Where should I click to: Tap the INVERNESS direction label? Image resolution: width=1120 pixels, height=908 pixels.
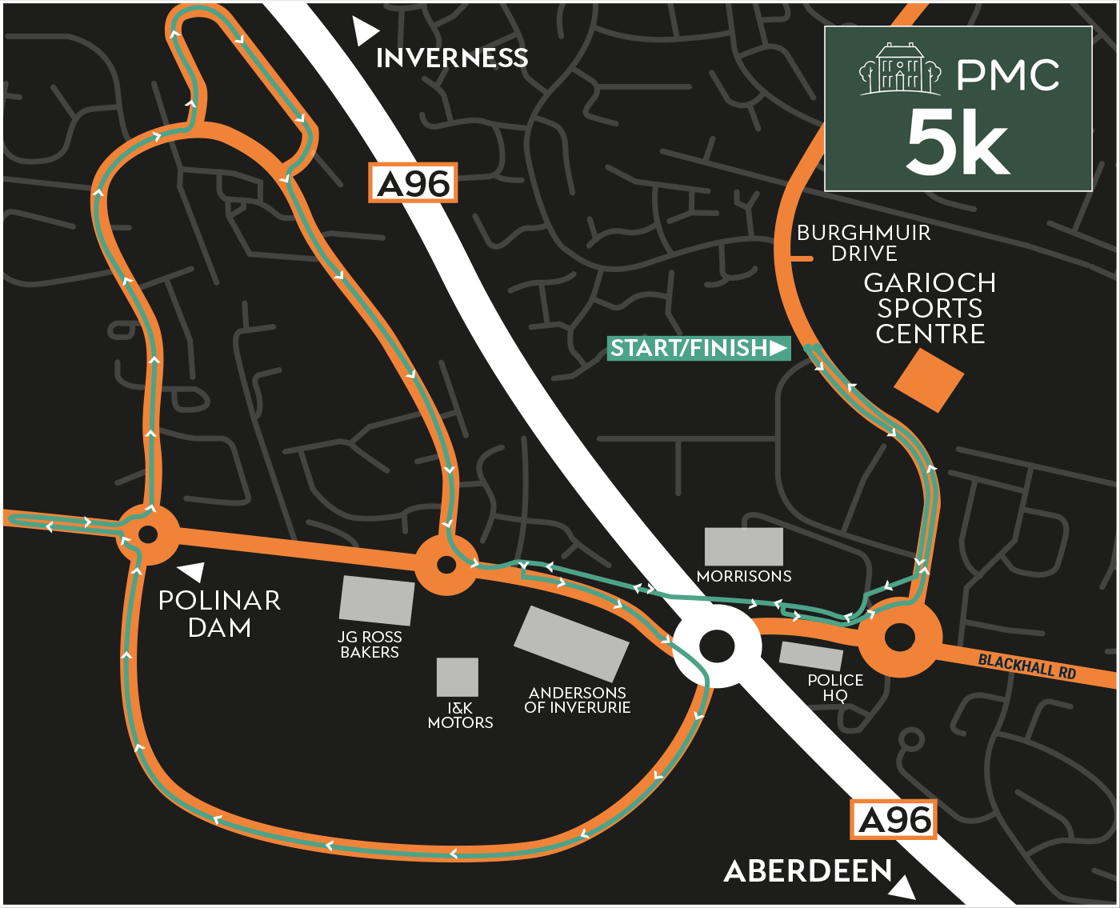[452, 58]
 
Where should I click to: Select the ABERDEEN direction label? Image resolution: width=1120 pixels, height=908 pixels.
[807, 871]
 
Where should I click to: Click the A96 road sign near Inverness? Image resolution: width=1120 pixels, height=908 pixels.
[413, 183]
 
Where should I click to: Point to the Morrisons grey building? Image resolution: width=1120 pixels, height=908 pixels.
[743, 546]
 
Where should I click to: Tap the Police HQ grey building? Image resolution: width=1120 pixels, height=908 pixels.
[810, 656]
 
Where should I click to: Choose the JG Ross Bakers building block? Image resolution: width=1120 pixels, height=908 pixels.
[376, 600]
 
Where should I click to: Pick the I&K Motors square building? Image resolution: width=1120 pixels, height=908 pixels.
[457, 677]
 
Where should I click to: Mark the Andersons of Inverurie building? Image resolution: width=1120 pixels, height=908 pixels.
[571, 643]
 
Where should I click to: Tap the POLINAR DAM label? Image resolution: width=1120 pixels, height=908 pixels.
[219, 614]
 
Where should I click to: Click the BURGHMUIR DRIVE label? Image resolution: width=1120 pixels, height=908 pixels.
[863, 243]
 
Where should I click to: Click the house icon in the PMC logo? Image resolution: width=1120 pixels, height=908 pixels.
[900, 70]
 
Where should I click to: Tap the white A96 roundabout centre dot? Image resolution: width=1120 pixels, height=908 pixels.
[717, 646]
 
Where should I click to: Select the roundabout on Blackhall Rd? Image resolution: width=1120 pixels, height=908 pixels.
[899, 638]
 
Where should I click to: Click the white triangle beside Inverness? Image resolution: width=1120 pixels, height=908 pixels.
[365, 32]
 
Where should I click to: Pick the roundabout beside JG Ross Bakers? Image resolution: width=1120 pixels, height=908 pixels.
[446, 565]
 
